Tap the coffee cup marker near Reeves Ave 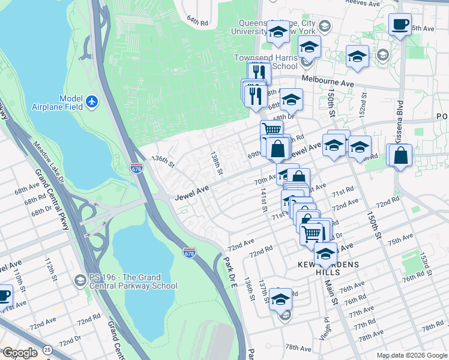tap(400, 25)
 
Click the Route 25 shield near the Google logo tap(47, 349)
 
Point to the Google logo tap(20, 353)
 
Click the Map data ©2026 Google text tap(412, 355)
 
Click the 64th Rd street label tap(196, 20)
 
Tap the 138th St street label tap(217, 163)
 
